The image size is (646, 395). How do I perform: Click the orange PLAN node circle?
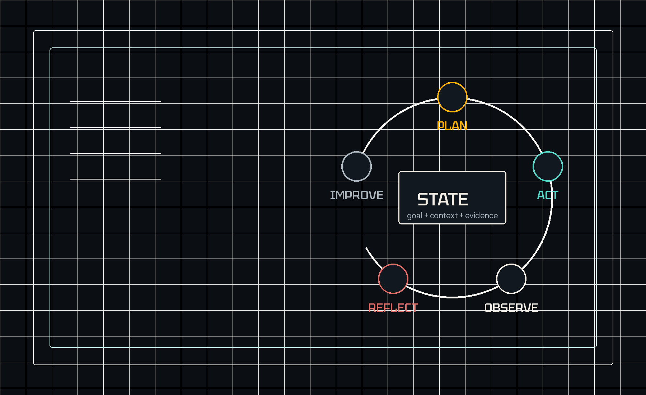[x=452, y=97]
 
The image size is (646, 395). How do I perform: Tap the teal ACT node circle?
[x=548, y=166]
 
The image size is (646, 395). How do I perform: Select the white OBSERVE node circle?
[x=511, y=279]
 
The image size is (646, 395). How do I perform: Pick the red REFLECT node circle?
[x=393, y=279]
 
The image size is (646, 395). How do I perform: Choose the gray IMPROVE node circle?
[x=356, y=166]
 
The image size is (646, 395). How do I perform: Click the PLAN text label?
[x=452, y=126]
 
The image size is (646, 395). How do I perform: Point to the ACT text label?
[x=548, y=195]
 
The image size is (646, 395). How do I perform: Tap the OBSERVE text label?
[x=511, y=308]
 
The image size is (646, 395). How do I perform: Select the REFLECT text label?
[x=393, y=308]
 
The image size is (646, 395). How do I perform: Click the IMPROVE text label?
[x=356, y=195]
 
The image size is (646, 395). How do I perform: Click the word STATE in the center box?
[x=443, y=200]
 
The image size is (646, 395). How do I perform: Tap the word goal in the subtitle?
[x=415, y=216]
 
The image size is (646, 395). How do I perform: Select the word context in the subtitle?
[x=444, y=216]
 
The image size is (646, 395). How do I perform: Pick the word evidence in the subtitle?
[x=481, y=216]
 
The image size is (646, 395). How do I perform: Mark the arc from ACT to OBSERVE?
[x=546, y=233]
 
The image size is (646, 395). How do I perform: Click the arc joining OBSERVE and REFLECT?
[x=452, y=297]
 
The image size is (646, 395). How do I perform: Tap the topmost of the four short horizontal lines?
[x=116, y=102]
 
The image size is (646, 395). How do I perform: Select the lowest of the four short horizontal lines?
[x=116, y=179]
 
